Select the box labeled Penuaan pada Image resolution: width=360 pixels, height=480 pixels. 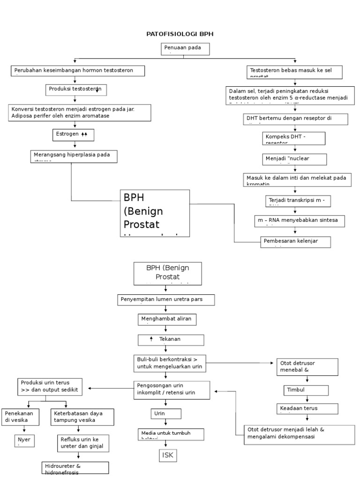click(186, 49)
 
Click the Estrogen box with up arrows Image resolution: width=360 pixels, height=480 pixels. click(73, 135)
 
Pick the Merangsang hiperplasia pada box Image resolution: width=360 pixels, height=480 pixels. click(74, 156)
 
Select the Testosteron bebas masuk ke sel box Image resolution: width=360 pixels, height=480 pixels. click(295, 72)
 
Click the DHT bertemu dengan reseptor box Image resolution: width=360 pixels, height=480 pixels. click(295, 119)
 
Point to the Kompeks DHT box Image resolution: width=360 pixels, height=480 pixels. click(293, 138)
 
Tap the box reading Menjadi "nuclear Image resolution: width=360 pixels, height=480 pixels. click(293, 159)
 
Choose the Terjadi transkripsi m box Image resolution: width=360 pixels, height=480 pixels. click(298, 201)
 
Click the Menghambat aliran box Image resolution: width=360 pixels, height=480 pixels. click(167, 319)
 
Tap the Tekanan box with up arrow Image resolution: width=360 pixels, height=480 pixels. click(171, 340)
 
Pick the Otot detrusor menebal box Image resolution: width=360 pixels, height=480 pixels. click(307, 367)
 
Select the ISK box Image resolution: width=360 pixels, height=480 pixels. click(167, 455)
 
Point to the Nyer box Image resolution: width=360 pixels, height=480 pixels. click(24, 441)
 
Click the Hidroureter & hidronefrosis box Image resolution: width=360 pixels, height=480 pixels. click(75, 468)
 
